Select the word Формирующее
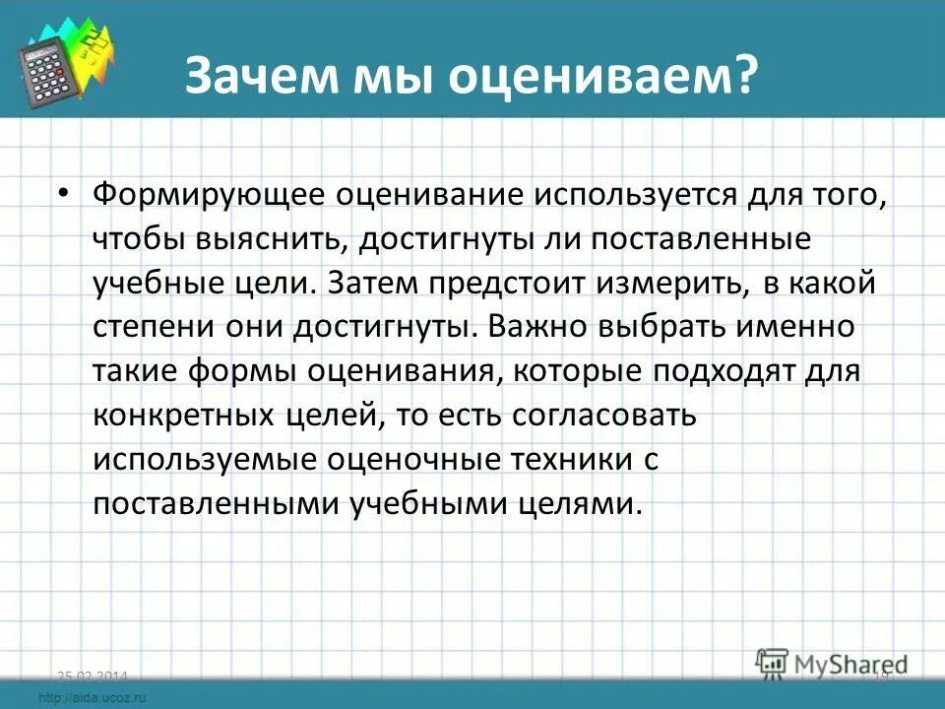click(203, 194)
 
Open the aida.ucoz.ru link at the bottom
click(95, 697)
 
